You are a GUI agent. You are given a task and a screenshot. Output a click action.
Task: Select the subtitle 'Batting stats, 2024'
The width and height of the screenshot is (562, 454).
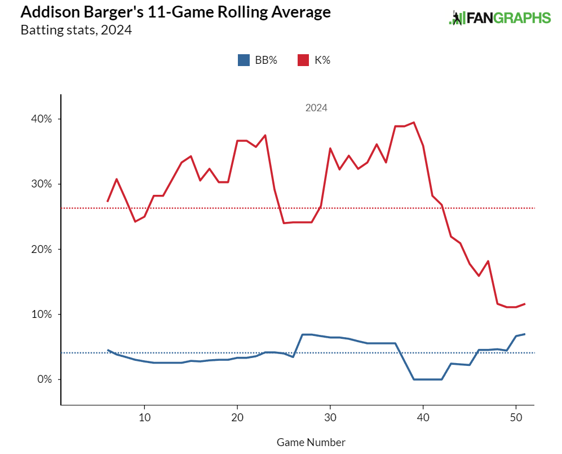click(x=76, y=30)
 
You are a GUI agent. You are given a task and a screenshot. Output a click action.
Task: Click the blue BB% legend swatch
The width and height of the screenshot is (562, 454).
click(x=244, y=60)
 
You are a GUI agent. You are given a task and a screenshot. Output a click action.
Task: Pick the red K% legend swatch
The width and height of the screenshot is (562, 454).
click(x=303, y=60)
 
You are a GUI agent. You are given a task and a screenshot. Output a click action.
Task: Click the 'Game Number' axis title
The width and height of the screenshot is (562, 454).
click(x=311, y=442)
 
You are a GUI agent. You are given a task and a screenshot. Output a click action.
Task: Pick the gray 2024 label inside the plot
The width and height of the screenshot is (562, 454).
click(x=316, y=108)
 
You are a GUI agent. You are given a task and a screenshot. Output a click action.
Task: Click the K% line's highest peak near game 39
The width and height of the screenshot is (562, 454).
click(x=414, y=123)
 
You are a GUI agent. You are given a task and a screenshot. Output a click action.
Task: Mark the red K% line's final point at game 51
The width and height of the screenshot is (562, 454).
click(x=525, y=304)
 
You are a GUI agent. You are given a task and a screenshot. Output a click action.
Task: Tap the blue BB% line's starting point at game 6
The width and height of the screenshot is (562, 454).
click(x=108, y=350)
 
